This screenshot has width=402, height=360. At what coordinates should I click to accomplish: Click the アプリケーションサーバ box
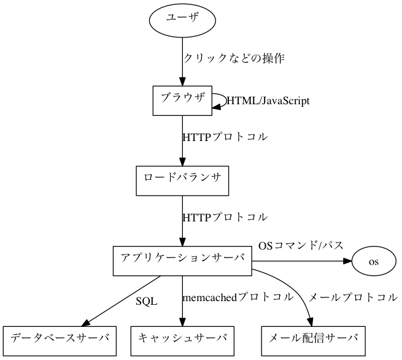[182, 261]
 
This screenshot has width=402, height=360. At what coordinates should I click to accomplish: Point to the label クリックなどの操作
[233, 59]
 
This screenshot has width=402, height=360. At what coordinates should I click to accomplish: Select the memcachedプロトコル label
[237, 298]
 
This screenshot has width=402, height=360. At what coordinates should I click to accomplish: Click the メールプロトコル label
[352, 298]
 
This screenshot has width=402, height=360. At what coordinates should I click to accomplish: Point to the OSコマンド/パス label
[300, 246]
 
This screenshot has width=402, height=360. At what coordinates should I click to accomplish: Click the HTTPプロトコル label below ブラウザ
[225, 137]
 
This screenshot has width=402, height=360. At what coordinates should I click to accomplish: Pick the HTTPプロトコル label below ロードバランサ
[225, 218]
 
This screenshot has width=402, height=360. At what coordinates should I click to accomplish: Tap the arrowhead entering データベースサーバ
[87, 323]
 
